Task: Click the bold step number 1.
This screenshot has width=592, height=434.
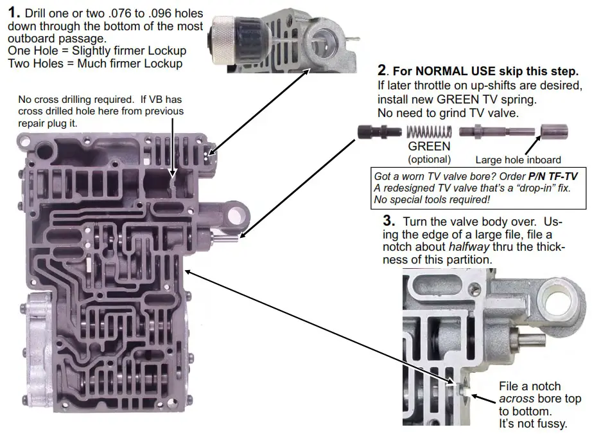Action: pos(13,13)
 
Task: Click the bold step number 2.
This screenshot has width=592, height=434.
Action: pos(383,69)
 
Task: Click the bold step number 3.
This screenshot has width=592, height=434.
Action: pos(387,222)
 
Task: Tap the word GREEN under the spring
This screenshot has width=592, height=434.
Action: pos(429,147)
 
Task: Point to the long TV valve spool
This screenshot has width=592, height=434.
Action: pos(495,132)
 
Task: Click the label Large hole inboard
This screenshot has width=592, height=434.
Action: pos(518,160)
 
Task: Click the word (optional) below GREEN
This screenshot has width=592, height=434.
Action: pos(429,159)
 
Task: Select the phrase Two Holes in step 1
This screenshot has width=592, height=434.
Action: pos(36,63)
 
